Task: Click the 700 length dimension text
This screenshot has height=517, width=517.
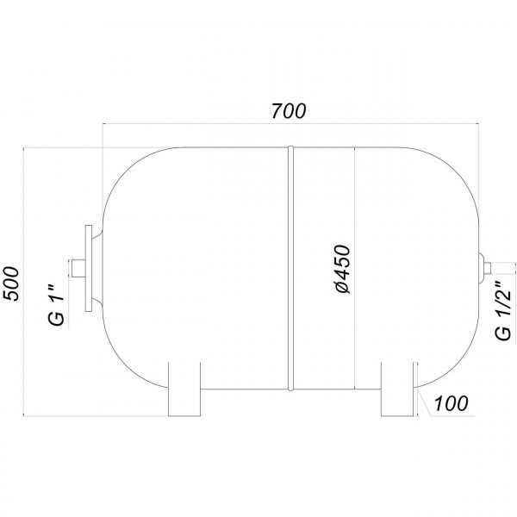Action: (x=290, y=110)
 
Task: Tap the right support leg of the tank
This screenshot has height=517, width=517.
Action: (x=397, y=389)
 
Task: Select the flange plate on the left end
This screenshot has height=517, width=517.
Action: (x=88, y=269)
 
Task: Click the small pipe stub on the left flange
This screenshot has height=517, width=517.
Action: (x=77, y=269)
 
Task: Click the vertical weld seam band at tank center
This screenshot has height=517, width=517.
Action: (x=290, y=267)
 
